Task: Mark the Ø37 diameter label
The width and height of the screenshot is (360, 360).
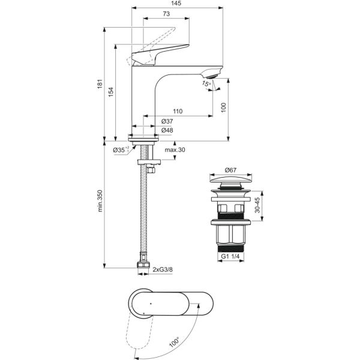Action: click(167, 122)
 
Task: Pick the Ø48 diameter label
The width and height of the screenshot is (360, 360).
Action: click(167, 130)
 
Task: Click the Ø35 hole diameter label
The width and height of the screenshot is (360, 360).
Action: click(119, 149)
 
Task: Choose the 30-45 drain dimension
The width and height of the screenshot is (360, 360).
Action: click(257, 206)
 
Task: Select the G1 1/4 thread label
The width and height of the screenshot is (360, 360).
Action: click(231, 257)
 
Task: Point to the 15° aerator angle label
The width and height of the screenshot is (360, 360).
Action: click(207, 85)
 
